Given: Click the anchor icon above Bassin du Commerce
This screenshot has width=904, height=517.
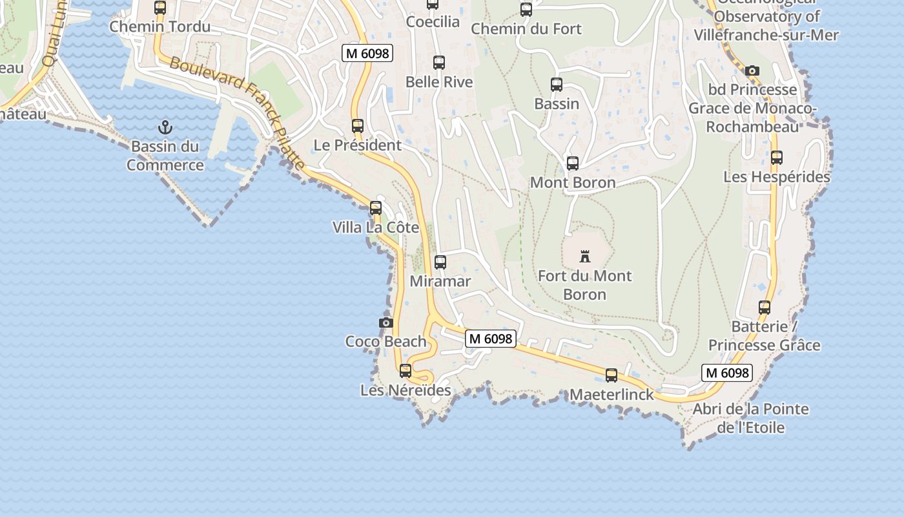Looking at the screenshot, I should (x=166, y=127).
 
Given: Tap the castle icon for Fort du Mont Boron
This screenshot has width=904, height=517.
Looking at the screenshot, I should (x=585, y=257).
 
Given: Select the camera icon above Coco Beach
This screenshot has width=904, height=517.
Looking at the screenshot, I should (x=386, y=322).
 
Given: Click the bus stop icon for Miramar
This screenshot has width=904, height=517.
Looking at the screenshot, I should (x=440, y=262).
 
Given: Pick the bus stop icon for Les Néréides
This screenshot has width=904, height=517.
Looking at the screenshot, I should (x=406, y=371).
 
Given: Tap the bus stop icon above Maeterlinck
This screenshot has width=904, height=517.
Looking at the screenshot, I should (x=611, y=375).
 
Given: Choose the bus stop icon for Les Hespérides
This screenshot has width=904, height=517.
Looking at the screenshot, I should (x=777, y=157).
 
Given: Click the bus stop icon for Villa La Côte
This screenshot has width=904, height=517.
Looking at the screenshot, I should (x=376, y=208).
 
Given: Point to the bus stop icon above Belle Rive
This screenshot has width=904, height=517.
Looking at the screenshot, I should (x=439, y=63).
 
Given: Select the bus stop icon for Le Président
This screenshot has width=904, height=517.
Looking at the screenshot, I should (x=358, y=126).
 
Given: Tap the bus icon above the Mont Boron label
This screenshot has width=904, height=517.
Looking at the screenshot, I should (x=573, y=164).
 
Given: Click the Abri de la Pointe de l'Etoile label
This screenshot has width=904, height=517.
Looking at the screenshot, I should (x=751, y=418).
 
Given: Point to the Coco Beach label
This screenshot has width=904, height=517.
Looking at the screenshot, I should (x=386, y=341).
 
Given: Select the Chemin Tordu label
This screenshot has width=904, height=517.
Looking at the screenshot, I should (x=160, y=26).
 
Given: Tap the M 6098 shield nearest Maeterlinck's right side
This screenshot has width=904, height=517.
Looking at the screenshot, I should (x=727, y=372).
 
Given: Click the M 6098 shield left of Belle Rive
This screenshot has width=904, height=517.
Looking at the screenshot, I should (x=367, y=53).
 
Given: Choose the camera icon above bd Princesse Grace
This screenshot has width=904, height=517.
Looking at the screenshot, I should (x=752, y=70).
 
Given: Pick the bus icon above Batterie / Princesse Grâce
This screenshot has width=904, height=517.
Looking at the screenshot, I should (x=765, y=308).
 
